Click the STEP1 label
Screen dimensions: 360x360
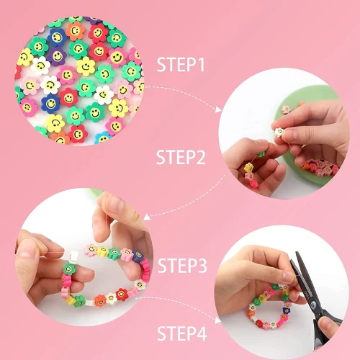click(181, 66)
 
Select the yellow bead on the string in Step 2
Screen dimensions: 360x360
click(248, 168)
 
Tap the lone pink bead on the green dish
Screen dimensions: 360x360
click(285, 109)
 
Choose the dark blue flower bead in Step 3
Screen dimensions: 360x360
click(139, 257)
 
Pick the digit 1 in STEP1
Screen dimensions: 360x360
click(201, 66)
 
